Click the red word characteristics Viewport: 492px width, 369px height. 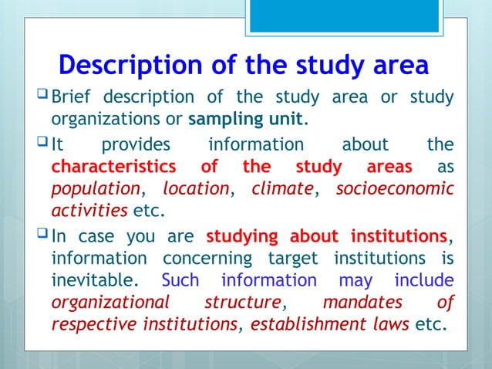(x=112, y=168)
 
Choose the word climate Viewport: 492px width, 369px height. (x=282, y=189)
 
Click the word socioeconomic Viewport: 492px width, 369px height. (x=395, y=189)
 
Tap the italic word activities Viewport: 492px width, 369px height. (x=89, y=211)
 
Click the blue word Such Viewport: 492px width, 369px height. (x=180, y=279)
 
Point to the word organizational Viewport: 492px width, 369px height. (x=111, y=301)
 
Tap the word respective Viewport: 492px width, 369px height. (x=93, y=323)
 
